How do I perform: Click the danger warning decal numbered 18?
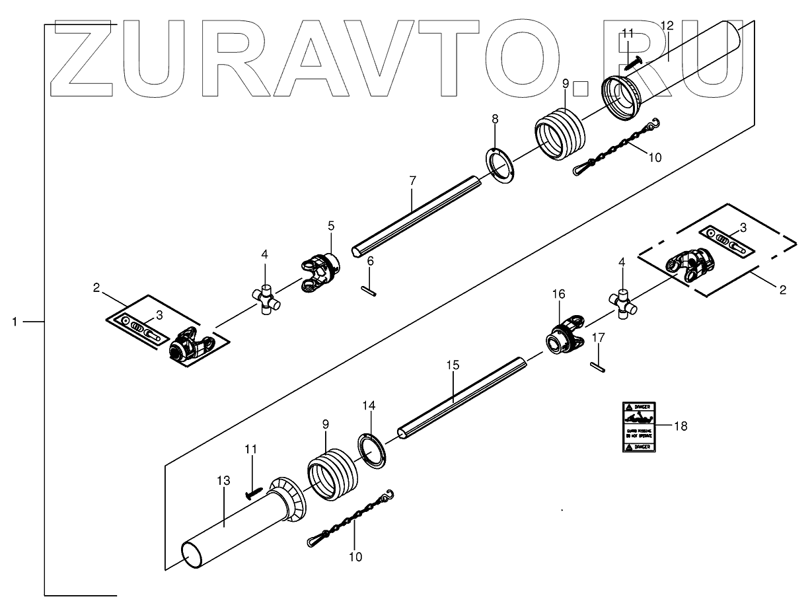[638, 427]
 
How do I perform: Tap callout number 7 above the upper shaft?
[412, 180]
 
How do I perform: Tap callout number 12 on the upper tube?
[667, 26]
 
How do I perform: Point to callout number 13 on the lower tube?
[224, 480]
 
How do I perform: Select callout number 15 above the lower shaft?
[453, 365]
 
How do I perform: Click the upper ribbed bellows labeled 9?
[559, 135]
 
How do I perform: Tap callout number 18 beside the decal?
[681, 426]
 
